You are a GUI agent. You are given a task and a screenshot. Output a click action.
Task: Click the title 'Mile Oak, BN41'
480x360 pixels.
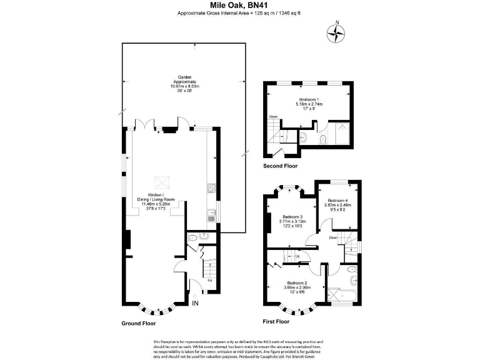pyautogui.click(x=239, y=5)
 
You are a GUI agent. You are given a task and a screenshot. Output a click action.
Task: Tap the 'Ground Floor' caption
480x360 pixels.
pyautogui.click(x=138, y=324)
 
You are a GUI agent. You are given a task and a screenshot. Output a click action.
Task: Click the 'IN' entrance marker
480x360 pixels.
pyautogui.click(x=195, y=304)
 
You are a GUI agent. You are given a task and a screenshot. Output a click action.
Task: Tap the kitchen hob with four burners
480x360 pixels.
pyautogui.click(x=211, y=189)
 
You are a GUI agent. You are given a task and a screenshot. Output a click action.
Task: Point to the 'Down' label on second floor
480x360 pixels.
pyautogui.click(x=273, y=117)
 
